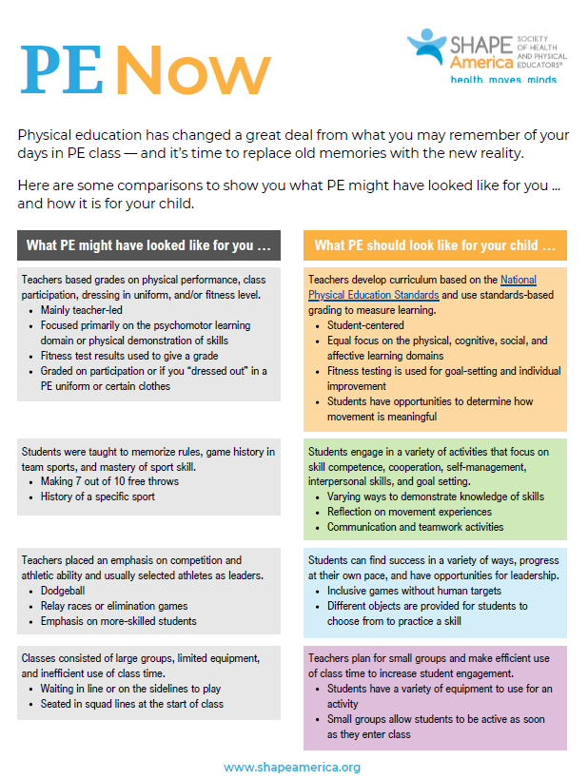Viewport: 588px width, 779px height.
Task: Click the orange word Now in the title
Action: pyautogui.click(x=194, y=70)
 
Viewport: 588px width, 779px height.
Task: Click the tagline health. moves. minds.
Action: pyautogui.click(x=503, y=80)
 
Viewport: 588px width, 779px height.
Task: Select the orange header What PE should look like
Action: pyautogui.click(x=435, y=245)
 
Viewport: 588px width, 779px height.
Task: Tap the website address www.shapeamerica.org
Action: pyautogui.click(x=292, y=767)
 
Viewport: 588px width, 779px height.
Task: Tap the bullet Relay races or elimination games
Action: pyautogui.click(x=114, y=606)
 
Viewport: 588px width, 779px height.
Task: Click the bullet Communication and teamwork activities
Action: pyautogui.click(x=416, y=527)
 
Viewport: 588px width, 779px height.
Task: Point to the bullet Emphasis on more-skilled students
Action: pyautogui.click(x=118, y=621)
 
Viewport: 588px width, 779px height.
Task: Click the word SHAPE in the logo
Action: pyautogui.click(x=480, y=45)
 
